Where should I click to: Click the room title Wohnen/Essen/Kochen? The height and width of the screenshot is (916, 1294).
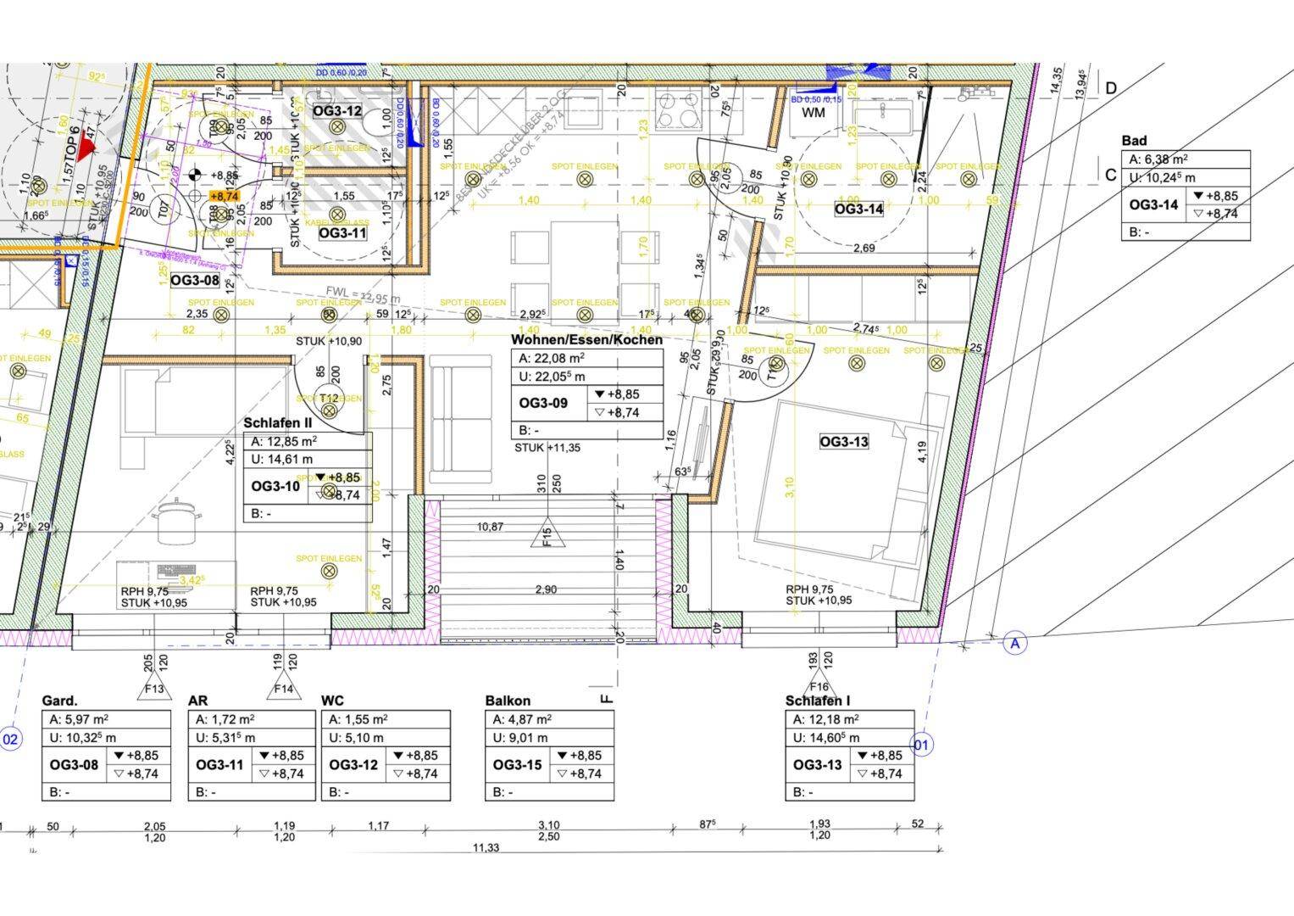pos(586,339)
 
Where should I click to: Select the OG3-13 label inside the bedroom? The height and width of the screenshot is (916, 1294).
pos(843,442)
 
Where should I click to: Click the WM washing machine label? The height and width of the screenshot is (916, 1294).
pos(813,113)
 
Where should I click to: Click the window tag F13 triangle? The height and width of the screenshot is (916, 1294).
pos(154,687)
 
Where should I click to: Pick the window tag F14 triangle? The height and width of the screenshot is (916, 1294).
pos(283,687)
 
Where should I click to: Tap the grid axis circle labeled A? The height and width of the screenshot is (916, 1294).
pos(1014,643)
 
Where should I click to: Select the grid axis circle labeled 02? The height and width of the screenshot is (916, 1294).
pos(10,740)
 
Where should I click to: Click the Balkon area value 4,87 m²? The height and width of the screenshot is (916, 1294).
pos(532,719)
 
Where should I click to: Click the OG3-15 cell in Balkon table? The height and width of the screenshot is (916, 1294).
pos(517,765)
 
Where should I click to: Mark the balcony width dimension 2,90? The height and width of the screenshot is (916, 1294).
pos(546,589)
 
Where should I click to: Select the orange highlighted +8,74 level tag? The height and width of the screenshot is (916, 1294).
pos(224,196)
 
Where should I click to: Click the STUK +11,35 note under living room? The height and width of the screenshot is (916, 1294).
pos(547,448)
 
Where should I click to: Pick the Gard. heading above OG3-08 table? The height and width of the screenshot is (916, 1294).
pos(59,701)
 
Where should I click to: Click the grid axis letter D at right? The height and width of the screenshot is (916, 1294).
pos(1110,88)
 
